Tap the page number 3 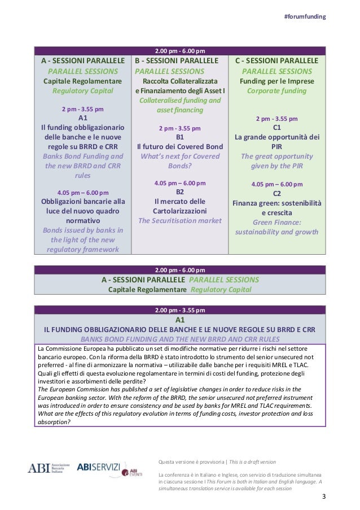click(x=324, y=497)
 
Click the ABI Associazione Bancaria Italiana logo click(x=49, y=468)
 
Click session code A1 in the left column click(x=82, y=118)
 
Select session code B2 click(x=180, y=191)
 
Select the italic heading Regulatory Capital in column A click(x=82, y=90)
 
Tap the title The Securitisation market click(x=180, y=220)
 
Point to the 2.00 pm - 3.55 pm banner click(x=180, y=310)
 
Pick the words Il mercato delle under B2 click(x=180, y=201)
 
